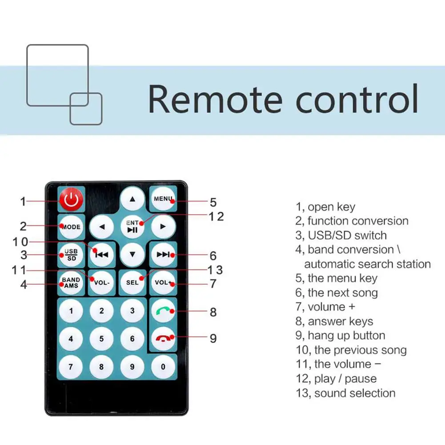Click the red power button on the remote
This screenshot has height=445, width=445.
click(71, 200)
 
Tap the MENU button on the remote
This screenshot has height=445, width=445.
click(163, 199)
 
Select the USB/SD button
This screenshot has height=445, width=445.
click(71, 255)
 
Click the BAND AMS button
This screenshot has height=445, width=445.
click(71, 283)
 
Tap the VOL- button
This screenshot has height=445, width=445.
click(102, 283)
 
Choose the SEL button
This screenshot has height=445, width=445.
click(132, 283)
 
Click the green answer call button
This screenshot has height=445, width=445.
click(163, 311)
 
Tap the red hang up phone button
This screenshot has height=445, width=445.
click(163, 339)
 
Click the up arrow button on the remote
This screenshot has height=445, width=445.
click(132, 199)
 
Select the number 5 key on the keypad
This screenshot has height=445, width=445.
click(102, 339)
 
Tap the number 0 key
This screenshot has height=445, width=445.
click(163, 367)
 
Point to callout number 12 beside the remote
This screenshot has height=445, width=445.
click(216, 216)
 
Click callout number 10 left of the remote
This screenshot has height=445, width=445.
click(20, 242)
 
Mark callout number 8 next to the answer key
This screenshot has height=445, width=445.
click(213, 312)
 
